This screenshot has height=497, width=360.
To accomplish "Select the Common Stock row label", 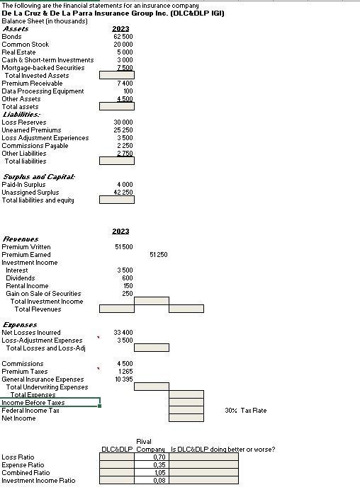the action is [26, 44].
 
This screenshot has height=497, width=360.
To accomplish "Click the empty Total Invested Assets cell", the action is [116, 75].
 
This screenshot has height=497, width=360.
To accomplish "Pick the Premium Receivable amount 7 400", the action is [123, 83].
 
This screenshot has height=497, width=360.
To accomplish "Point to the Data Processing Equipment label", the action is [43, 91].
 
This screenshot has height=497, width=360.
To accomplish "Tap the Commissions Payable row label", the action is [35, 145].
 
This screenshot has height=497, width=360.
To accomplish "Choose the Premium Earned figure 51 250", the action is [159, 254].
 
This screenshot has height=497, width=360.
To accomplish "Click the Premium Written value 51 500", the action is [123, 246].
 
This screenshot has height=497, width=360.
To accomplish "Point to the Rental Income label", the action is [27, 285].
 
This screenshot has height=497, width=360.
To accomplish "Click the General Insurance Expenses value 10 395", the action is [123, 379].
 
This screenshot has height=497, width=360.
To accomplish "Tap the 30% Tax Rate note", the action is [245, 410].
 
